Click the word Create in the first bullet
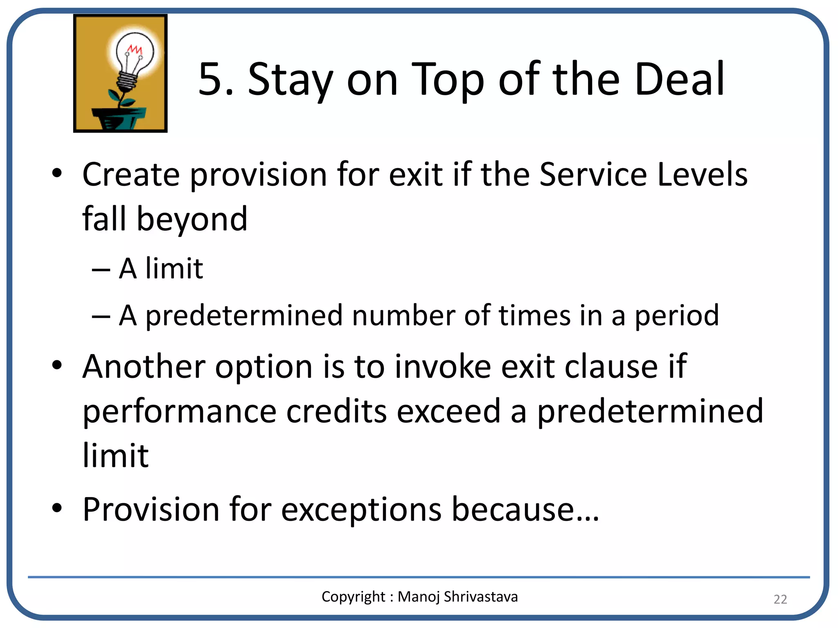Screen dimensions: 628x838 point(131,175)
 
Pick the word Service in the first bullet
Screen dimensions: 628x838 point(593,175)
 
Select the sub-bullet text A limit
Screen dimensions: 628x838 point(161,269)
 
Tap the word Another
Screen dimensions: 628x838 point(144,366)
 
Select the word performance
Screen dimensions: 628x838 point(180,412)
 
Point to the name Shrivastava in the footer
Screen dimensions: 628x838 point(481,597)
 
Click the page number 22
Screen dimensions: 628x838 point(780,599)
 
